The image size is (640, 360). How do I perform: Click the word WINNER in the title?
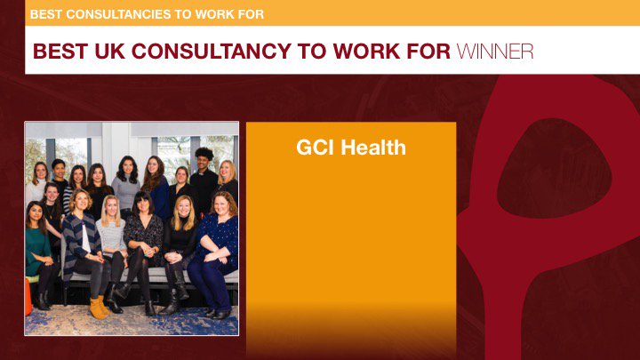(495, 51)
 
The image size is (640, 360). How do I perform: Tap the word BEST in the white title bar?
(60, 51)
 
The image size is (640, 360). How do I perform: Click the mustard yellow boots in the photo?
(98, 307)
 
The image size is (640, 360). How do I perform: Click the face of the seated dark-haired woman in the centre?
(142, 204)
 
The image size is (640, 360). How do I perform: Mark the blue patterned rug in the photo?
(133, 322)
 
